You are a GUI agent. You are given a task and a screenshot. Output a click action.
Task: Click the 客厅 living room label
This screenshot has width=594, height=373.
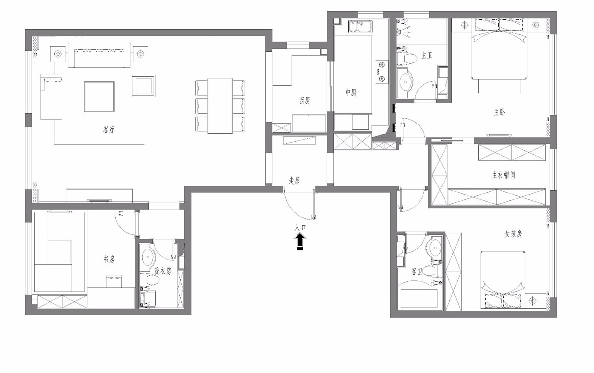click(x=109, y=130)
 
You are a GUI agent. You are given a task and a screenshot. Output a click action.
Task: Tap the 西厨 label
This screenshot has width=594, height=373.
click(x=304, y=101)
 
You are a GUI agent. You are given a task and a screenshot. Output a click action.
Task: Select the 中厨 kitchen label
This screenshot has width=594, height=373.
click(x=351, y=92)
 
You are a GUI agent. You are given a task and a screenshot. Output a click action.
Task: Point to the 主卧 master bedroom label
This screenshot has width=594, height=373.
click(x=499, y=112)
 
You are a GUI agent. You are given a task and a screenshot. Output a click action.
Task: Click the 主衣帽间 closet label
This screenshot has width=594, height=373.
click(x=503, y=175)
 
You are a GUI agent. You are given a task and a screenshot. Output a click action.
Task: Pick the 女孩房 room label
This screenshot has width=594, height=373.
click(x=513, y=234)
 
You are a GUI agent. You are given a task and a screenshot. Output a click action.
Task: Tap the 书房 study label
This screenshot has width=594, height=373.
click(x=109, y=259)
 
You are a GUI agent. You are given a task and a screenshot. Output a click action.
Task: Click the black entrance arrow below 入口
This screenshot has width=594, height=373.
click(x=300, y=242)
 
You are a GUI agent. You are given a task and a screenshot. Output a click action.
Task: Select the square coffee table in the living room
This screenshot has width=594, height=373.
click(x=99, y=97)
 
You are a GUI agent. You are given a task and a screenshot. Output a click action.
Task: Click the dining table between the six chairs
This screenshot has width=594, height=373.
click(x=220, y=106)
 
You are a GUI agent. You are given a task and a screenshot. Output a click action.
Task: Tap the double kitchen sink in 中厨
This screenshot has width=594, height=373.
click(x=361, y=27)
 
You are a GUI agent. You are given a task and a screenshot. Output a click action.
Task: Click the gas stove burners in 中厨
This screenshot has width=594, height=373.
click(x=382, y=71)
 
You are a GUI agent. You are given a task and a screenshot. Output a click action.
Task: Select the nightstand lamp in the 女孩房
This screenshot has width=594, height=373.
click(x=533, y=301)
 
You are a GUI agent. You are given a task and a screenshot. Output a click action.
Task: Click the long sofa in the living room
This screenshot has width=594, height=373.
click(x=99, y=55)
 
